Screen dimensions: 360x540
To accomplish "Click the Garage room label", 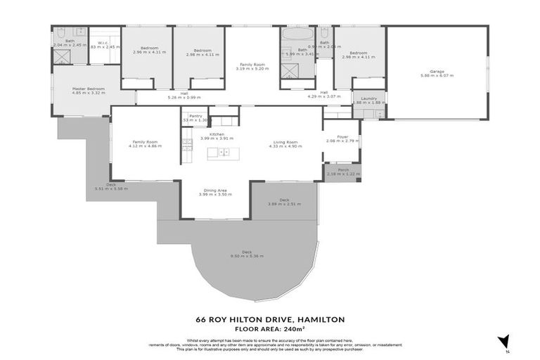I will tap(437, 71).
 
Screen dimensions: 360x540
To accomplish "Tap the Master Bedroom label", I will tap(89, 89).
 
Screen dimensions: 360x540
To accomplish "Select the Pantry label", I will tap(195, 116).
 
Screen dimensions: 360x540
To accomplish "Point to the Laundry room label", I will tap(369, 98).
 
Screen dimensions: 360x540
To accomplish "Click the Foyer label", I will tap(342, 136).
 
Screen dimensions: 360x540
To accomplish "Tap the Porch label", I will tap(342, 169).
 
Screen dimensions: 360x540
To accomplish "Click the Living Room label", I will tap(286, 142).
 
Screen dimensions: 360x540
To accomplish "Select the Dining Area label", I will tap(215, 190).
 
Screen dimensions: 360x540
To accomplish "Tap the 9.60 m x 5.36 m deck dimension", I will tap(247, 256).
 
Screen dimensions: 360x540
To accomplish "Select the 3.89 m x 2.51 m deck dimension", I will tap(284, 204).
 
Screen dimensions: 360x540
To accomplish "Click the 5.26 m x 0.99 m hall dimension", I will tap(184, 98).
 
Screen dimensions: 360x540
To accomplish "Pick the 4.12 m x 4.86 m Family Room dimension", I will tap(147, 146).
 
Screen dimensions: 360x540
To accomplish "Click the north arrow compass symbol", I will tap(503, 342).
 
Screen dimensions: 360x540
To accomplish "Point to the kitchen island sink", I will tap(222, 153).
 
